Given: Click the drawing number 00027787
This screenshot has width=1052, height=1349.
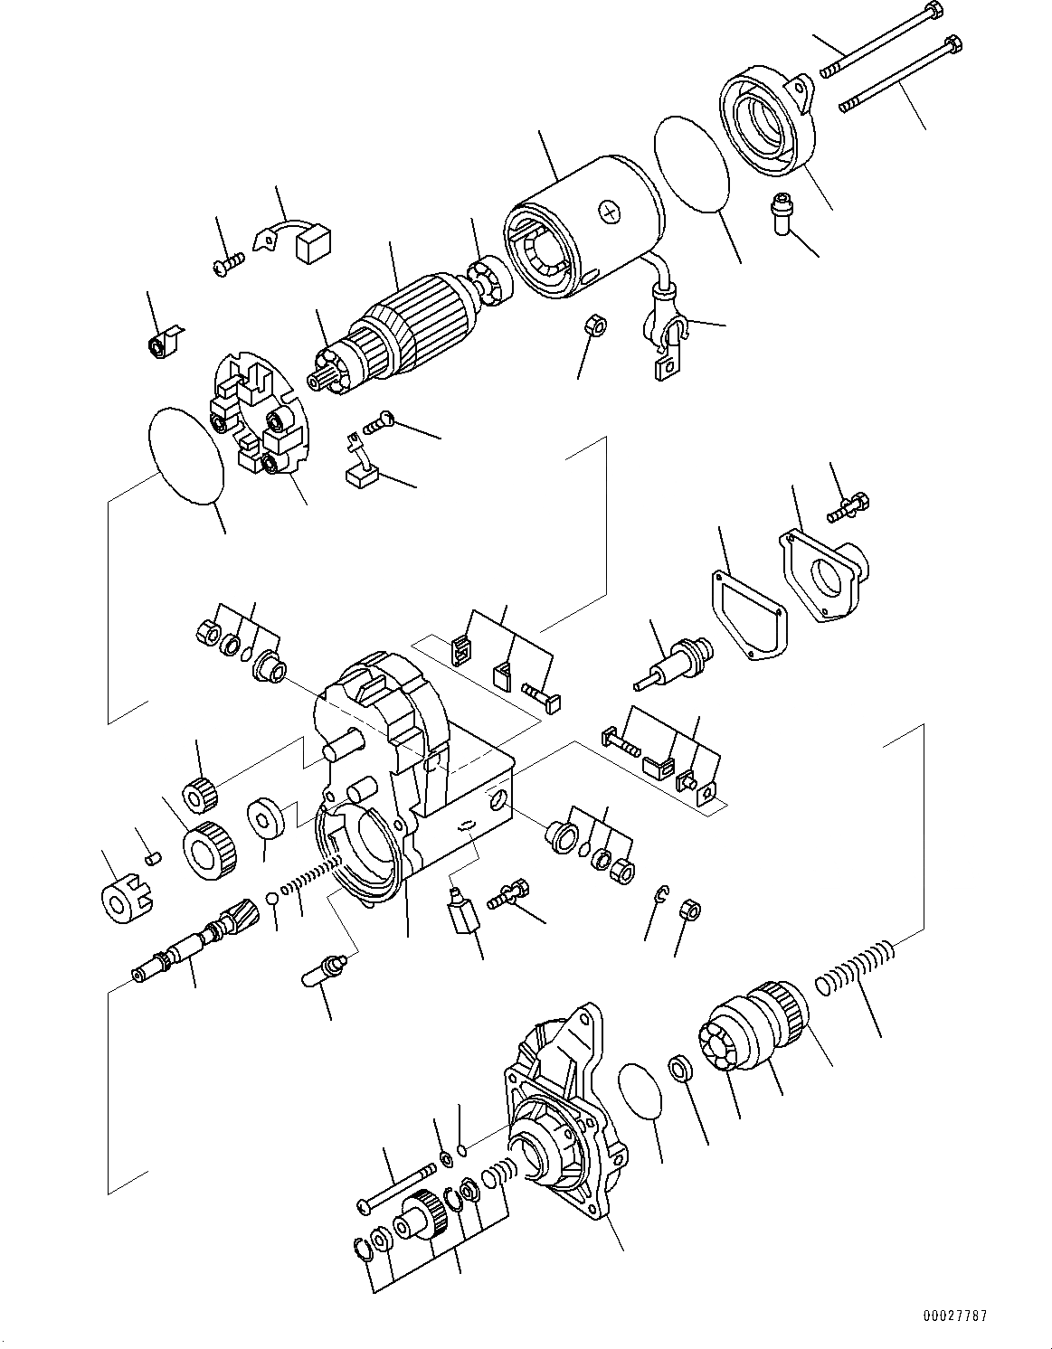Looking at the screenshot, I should point(981,1315).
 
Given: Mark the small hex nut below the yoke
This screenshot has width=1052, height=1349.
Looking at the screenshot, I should point(594,325).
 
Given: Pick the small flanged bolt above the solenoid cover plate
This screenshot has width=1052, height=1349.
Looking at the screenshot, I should point(848,505).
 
